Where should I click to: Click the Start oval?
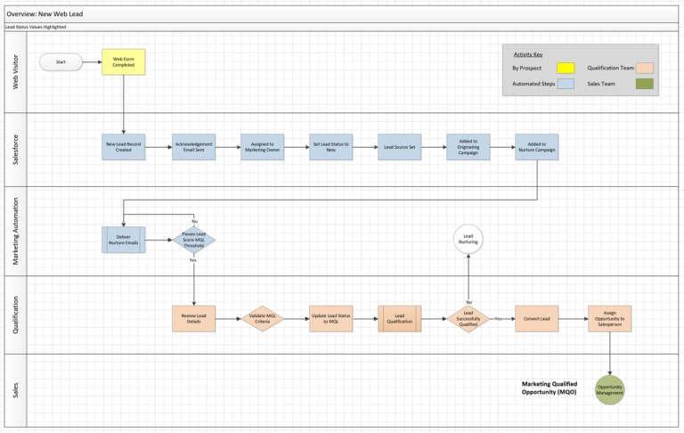61,62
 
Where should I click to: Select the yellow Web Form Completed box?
124,62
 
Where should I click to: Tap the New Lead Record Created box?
124,147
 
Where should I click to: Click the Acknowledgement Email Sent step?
193,147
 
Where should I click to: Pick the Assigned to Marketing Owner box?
263,147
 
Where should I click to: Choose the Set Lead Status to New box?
331,147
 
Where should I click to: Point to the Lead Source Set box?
400,147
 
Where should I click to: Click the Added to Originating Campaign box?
468,147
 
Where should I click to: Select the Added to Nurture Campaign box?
537,147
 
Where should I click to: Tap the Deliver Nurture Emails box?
124,241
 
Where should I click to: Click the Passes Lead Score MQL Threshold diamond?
193,241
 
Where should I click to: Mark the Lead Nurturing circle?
468,240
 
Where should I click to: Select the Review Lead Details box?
193,319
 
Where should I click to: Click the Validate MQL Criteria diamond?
263,319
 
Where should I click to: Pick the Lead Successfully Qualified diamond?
468,319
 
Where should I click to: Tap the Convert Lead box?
537,319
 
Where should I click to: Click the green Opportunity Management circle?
610,389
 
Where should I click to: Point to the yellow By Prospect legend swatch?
566,68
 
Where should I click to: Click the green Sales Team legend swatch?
644,84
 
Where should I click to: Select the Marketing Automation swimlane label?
15,231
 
